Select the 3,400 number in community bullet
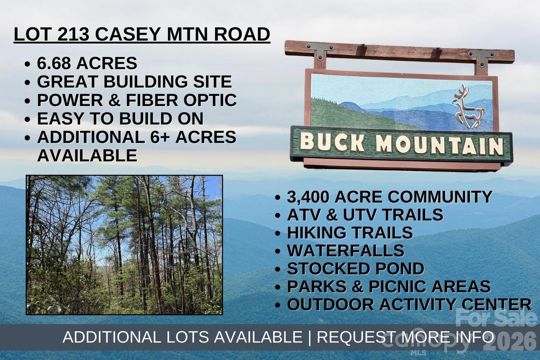308,197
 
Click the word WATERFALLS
346,250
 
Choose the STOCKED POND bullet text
355,268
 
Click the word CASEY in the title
129,35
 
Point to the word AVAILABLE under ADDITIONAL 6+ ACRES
87,155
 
